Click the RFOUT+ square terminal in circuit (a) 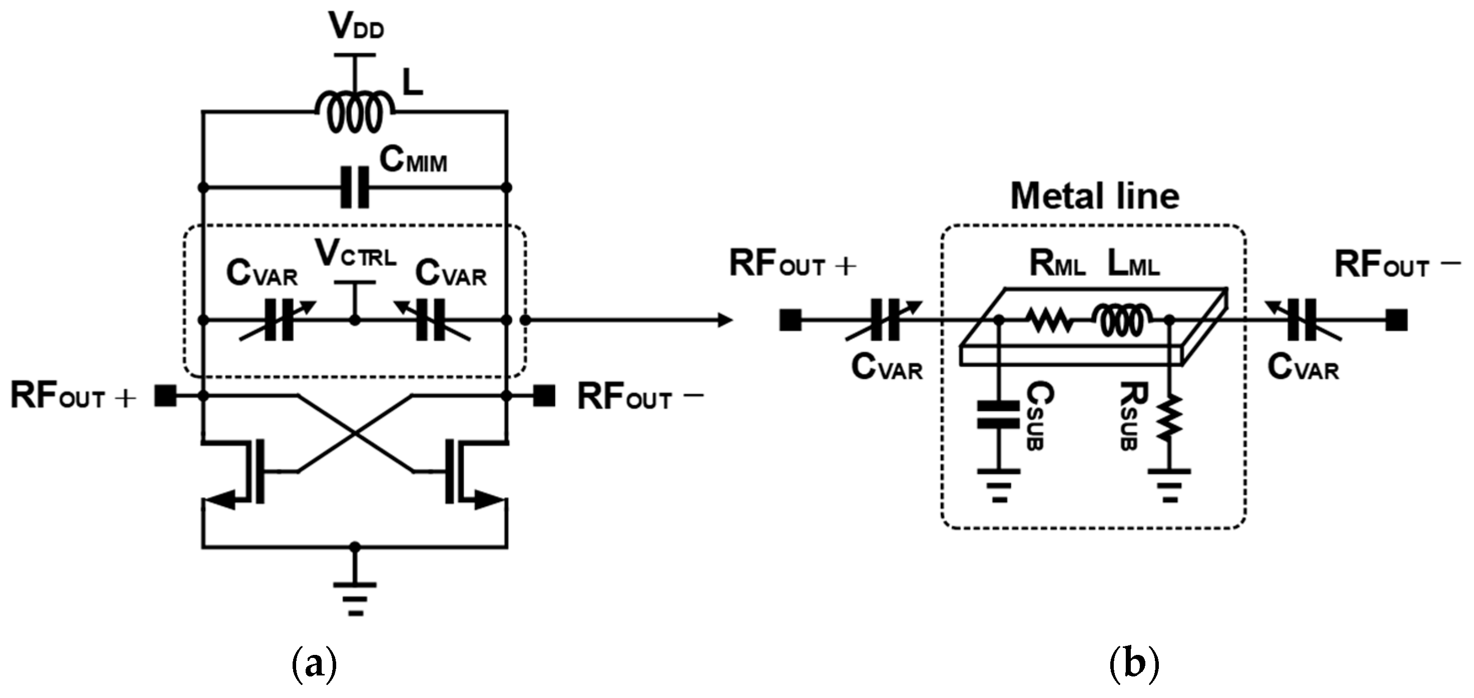tap(165, 395)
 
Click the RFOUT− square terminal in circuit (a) tap(544, 395)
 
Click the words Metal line tap(1094, 196)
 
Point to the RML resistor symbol tap(1050, 320)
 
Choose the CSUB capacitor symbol tap(999, 415)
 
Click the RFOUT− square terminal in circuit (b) tap(1397, 320)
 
